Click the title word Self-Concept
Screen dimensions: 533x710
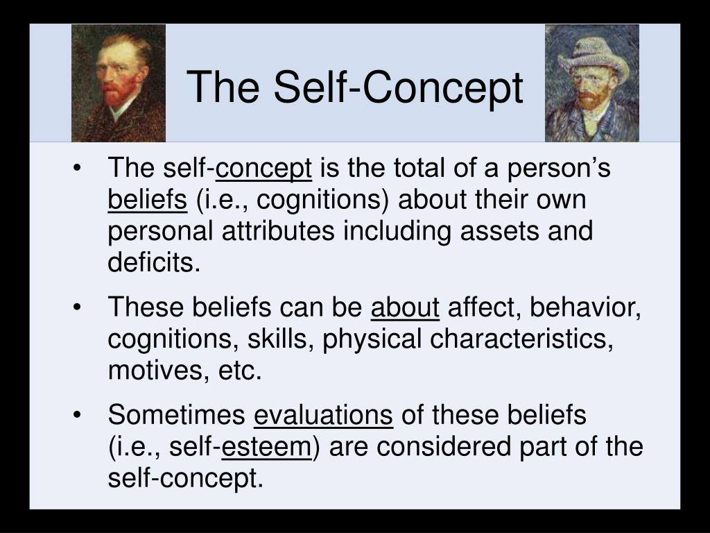tap(398, 88)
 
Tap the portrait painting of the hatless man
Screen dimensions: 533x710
tap(119, 83)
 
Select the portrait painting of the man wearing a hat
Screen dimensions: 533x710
tap(592, 83)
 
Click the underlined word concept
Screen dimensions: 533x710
tap(264, 169)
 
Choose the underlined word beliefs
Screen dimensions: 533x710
tap(148, 200)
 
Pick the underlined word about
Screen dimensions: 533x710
tap(405, 307)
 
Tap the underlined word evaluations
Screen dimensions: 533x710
tap(324, 415)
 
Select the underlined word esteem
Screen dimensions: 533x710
tap(267, 447)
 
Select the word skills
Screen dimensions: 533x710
tap(287, 339)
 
